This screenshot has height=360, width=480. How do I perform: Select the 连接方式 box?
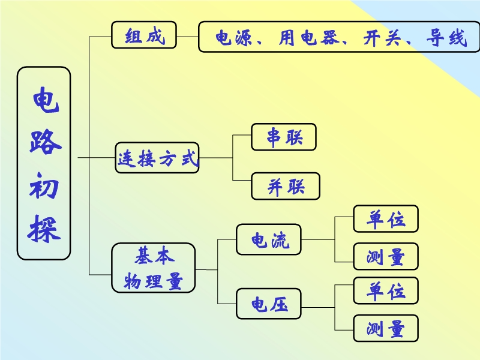point(157,159)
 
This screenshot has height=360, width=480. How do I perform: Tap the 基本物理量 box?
point(154,268)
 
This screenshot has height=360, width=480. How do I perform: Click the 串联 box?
point(284,137)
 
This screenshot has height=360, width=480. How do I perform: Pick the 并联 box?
point(286,186)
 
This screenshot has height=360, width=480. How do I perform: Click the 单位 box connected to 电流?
point(386,219)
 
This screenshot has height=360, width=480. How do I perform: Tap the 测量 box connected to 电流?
point(386,256)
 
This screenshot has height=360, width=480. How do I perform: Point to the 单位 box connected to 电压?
point(386,291)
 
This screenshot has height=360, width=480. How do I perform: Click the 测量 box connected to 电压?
point(386,328)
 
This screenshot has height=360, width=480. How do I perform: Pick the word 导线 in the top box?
point(446,38)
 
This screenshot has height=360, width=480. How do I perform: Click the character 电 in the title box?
point(44,101)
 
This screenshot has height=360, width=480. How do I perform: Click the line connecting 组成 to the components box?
point(188,37)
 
